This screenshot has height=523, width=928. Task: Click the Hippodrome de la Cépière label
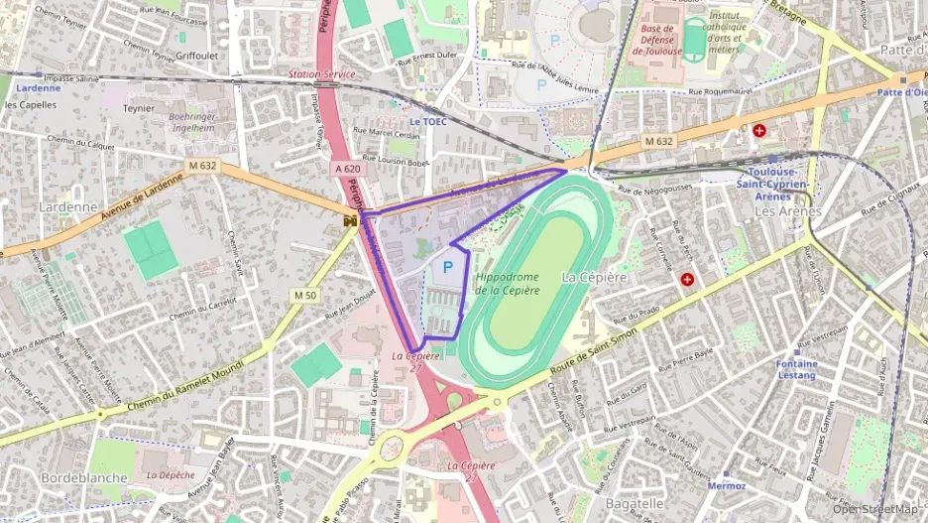[507, 283]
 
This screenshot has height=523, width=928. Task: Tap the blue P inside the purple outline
[447, 267]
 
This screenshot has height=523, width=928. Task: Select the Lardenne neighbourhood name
[67, 207]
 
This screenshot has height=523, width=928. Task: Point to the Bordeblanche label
[83, 477]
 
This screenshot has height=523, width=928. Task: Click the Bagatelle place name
[633, 503]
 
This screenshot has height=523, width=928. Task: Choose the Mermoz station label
[727, 486]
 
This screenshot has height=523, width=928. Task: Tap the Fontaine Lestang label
[797, 370]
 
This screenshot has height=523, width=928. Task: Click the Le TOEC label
[428, 122]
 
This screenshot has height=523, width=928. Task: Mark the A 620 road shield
[347, 169]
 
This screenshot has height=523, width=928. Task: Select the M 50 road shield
[304, 295]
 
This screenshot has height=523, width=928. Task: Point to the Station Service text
[321, 74]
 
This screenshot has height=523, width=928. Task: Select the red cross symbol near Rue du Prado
[686, 280]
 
